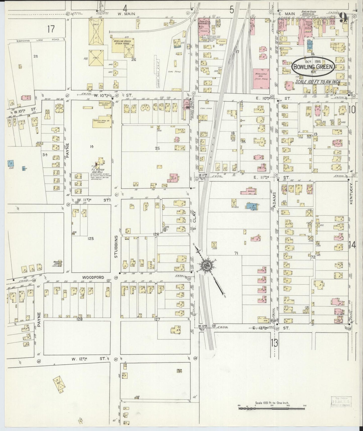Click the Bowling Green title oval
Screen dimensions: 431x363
(313, 66)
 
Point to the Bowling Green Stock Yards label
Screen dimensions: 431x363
(123, 42)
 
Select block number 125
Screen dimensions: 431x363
(90, 238)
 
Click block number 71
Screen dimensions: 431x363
(236, 253)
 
